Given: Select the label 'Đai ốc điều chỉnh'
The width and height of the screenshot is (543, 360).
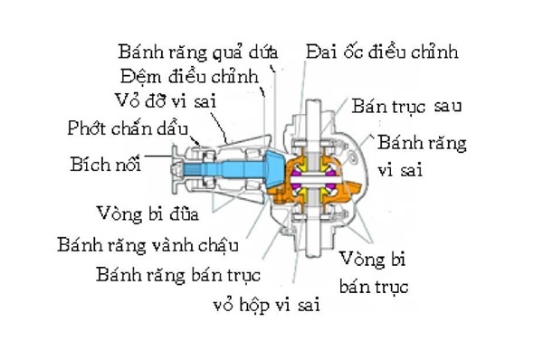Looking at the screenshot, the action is click(382, 51).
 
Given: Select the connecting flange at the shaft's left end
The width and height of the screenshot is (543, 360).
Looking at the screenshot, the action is click(182, 168).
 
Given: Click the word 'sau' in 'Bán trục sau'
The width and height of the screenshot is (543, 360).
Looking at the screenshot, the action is click(447, 105).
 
